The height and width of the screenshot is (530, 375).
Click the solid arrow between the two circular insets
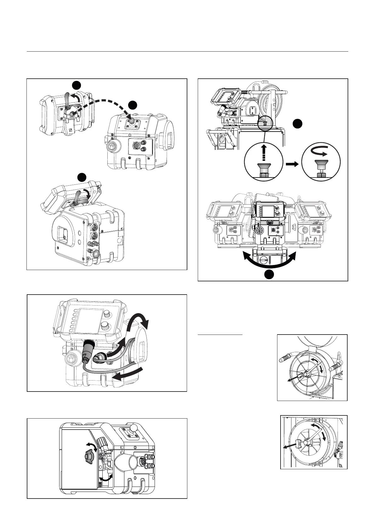coord(292,164)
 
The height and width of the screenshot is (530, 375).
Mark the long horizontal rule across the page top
coord(187,51)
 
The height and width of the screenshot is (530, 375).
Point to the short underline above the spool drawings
coord(220,335)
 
